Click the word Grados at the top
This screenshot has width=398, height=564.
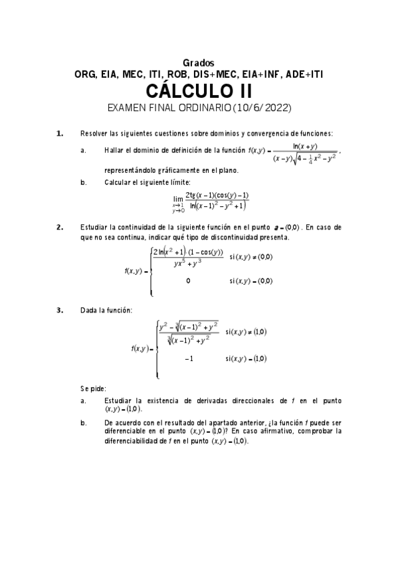coord(199,63)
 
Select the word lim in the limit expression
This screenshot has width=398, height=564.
coord(177,199)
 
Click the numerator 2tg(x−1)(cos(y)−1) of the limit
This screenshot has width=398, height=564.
coord(217,194)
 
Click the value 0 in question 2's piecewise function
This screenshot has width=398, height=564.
coord(188,281)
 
